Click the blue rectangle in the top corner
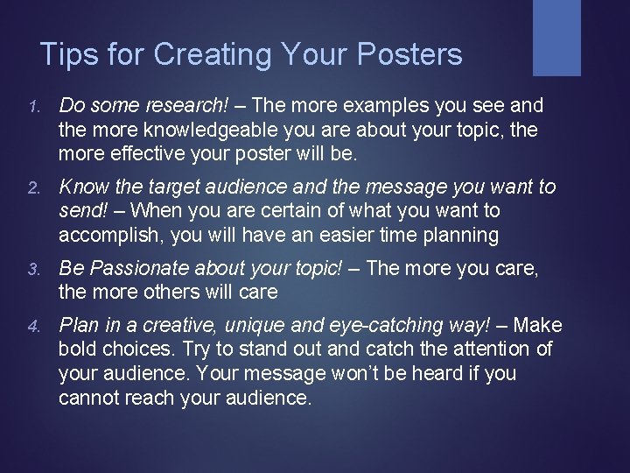pyautogui.click(x=556, y=37)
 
